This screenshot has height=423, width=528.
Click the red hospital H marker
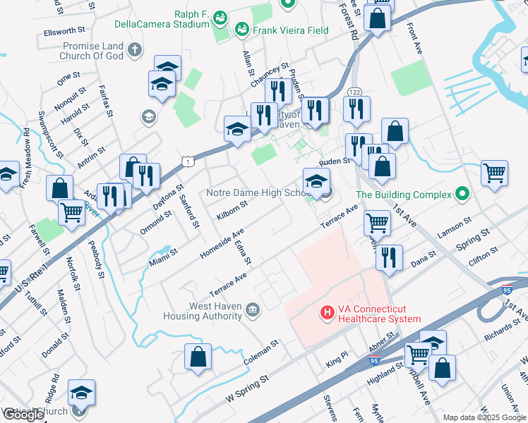pos(328,311)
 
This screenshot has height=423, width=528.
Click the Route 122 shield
pos(354,92)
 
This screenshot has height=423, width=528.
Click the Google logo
pos(23,415)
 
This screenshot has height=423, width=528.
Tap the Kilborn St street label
pos(232,210)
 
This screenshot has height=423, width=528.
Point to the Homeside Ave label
pos(222,242)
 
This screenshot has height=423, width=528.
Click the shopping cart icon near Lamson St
pos(378,223)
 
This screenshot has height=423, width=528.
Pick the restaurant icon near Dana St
pos(389,257)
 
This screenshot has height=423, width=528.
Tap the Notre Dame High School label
pos(254,192)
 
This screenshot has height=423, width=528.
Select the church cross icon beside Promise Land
pos(134,49)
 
